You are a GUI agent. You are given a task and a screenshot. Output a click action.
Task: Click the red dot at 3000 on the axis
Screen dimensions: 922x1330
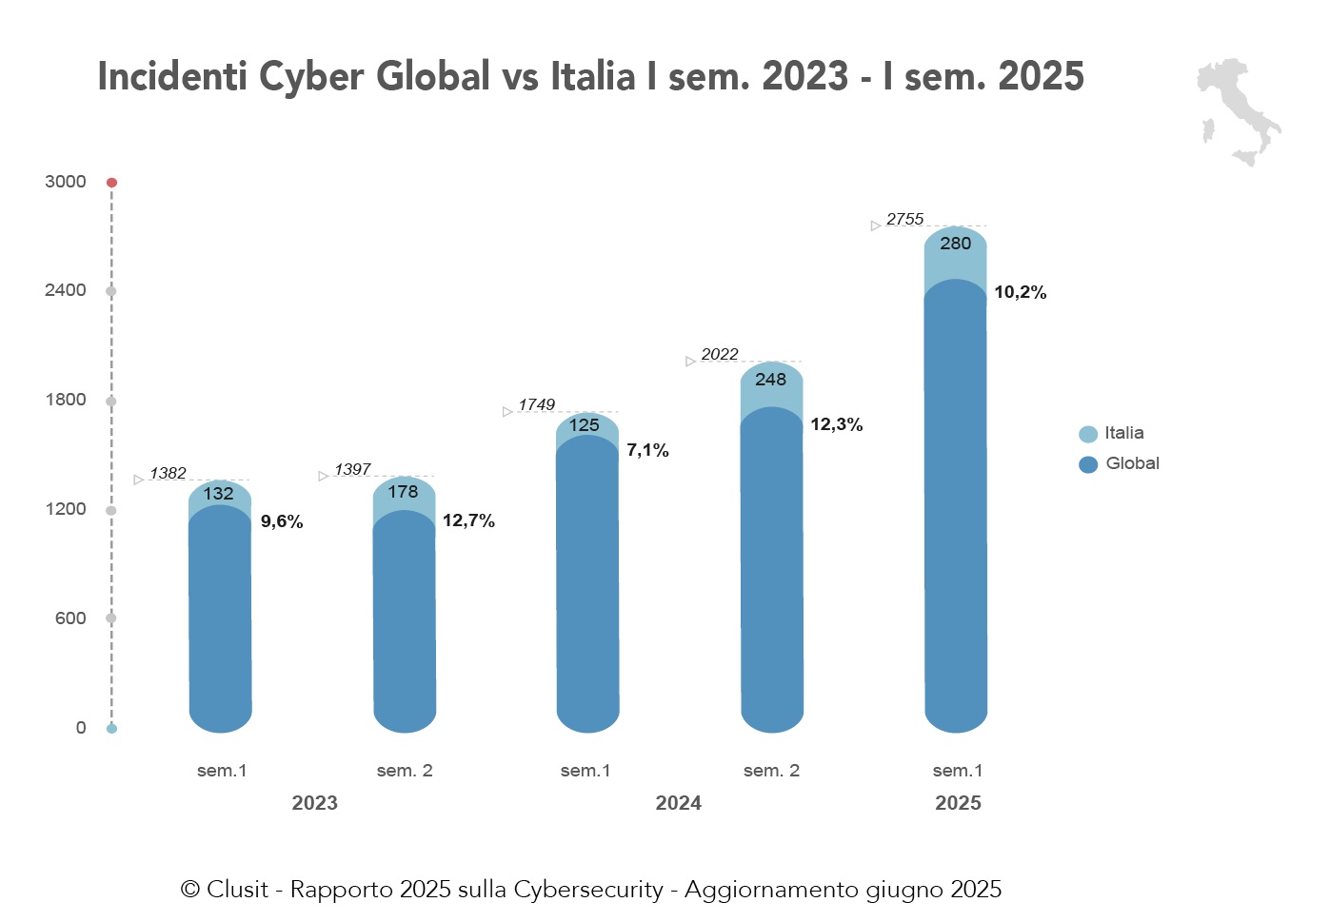point(111,182)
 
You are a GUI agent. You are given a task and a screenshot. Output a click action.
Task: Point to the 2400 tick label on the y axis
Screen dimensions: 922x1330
point(65,290)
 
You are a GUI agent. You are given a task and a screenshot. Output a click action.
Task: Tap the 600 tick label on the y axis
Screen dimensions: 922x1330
point(70,618)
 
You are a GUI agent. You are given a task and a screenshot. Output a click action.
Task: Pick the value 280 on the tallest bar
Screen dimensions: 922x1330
point(955,244)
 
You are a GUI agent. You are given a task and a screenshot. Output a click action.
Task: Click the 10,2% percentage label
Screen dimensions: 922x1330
point(1020,293)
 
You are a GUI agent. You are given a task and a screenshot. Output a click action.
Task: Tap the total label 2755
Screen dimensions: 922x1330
point(904,220)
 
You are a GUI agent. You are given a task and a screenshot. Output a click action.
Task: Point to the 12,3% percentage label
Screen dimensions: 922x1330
point(836,425)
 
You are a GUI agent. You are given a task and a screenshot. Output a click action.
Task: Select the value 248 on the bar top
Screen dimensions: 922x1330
point(770,380)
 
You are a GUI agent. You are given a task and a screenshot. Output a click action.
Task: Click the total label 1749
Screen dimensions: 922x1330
point(536,405)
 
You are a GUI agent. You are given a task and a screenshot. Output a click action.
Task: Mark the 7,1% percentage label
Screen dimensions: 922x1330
point(647,451)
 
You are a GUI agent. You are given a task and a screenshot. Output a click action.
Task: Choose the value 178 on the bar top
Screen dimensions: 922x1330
point(403,492)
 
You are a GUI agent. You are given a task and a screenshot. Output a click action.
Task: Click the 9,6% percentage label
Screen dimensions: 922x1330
point(282,522)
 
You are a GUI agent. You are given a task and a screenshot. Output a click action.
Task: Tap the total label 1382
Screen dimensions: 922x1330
point(168,474)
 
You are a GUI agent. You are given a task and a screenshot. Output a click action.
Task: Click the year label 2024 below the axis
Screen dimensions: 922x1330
point(678,803)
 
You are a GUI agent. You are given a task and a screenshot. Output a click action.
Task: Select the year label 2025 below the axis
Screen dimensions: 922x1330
point(958,803)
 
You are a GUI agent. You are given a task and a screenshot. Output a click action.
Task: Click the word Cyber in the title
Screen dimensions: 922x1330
point(311,77)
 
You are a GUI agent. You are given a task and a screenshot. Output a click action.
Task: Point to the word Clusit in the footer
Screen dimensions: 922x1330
point(237,890)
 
